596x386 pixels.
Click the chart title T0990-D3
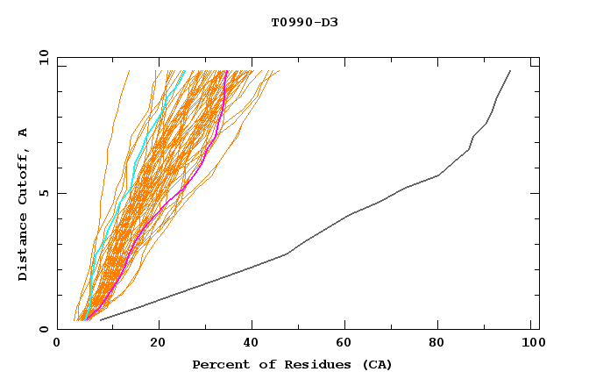pos(304,23)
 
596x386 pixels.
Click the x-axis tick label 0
pos(57,344)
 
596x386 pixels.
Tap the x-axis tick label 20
pos(158,344)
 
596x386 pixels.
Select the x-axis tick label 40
pos(253,344)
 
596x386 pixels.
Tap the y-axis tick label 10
pos(41,57)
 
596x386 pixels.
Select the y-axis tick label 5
pos(45,193)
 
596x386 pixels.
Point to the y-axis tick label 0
pos(45,329)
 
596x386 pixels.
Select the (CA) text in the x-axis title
pos(374,364)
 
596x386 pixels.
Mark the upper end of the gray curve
pos(510,70)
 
